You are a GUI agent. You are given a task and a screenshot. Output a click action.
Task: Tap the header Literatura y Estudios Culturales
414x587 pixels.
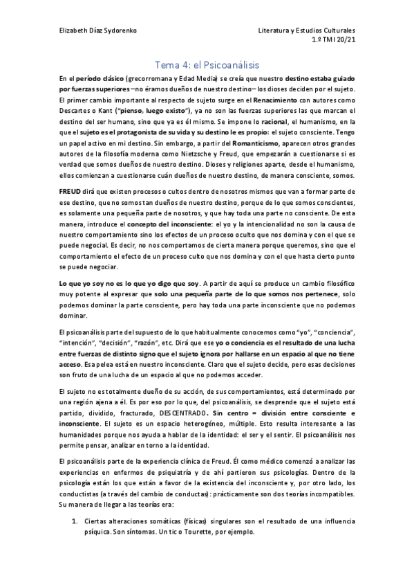click(306, 32)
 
